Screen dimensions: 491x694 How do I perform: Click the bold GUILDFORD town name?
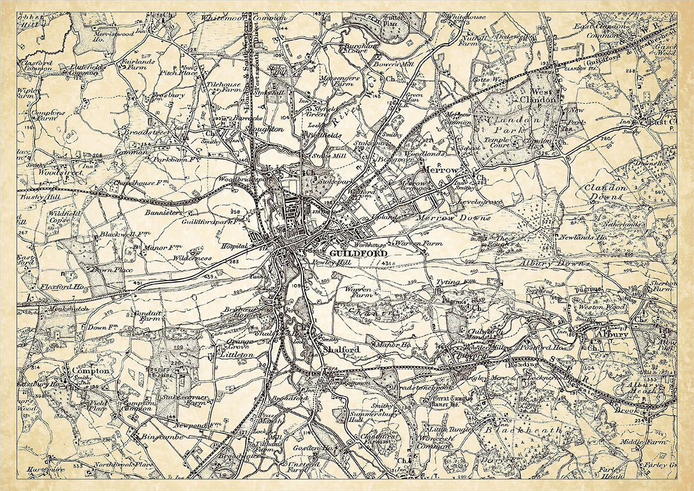[x=350, y=254]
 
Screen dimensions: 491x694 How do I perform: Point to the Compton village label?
[x=90, y=370]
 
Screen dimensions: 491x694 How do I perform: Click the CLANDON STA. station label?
[x=578, y=69]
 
